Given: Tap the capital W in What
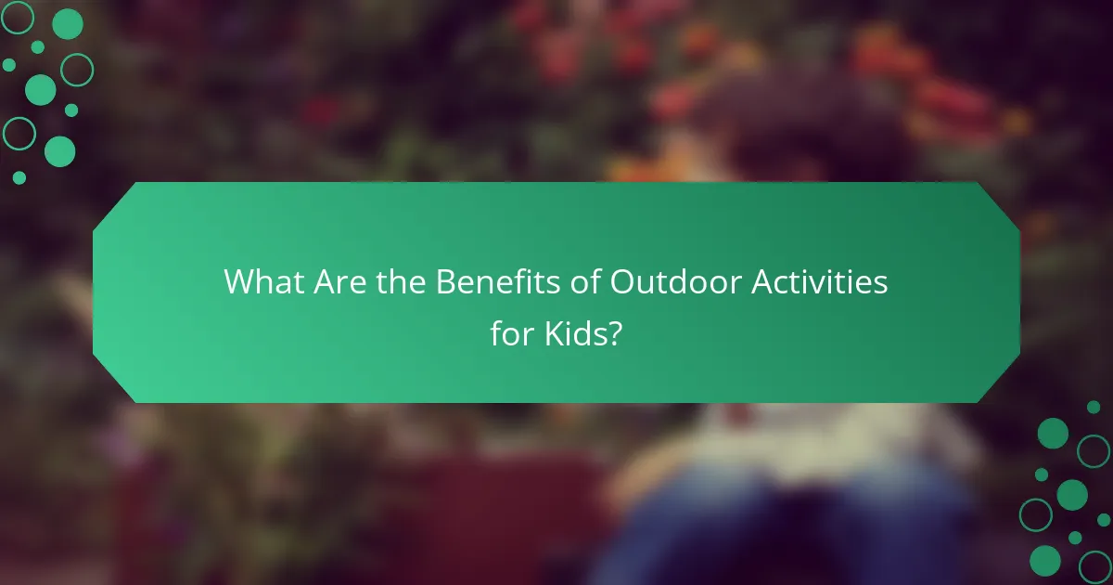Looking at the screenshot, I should click(x=237, y=282).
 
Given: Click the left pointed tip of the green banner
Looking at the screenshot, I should click(x=95, y=292).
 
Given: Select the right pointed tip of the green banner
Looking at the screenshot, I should click(x=1018, y=292).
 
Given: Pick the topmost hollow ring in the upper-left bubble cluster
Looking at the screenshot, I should click(x=19, y=16).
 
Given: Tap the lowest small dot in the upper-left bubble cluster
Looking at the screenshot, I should click(x=19, y=177).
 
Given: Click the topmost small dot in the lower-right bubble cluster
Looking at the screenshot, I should click(x=1094, y=407).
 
